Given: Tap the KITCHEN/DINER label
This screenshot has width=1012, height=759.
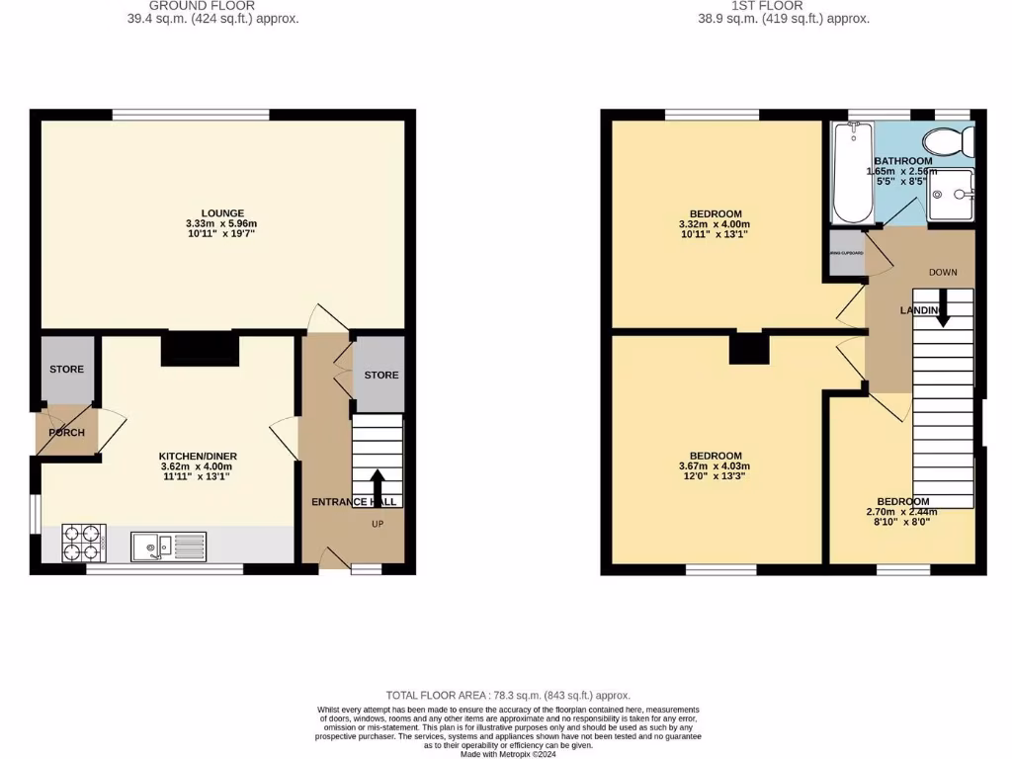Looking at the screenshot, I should [x=198, y=457].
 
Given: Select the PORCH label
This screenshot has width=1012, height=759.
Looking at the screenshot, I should [x=67, y=433].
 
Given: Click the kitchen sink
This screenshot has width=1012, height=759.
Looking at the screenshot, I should [x=156, y=545].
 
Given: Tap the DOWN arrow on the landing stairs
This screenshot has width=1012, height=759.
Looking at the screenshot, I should [x=942, y=306].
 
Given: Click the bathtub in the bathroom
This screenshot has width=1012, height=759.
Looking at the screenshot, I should [x=852, y=173].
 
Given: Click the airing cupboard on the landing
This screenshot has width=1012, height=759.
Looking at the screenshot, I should [x=847, y=254].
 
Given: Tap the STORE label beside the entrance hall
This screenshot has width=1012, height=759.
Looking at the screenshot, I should [x=381, y=376].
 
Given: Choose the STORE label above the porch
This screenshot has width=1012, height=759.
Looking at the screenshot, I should [x=67, y=370].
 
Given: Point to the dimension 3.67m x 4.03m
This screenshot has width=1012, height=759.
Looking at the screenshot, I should [x=715, y=466].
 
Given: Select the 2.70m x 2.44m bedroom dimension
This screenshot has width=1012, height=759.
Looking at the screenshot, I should [x=901, y=512].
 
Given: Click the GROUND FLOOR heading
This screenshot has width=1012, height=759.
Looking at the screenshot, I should [x=202, y=6].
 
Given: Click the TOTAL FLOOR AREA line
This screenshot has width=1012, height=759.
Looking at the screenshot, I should [x=508, y=696].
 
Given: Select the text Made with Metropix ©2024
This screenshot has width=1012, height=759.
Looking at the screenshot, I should [x=508, y=754].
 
